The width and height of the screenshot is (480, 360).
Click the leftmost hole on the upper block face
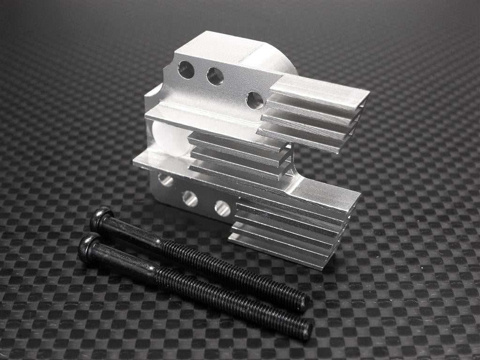coord(186,70)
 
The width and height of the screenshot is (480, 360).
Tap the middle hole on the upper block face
coord(215,76)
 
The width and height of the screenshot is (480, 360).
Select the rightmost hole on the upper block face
coord(255,100)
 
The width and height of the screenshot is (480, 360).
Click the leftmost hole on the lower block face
coord(165,180)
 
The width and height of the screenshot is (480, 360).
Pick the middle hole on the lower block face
coord(190,198)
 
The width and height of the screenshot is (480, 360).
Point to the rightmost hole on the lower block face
coord(222,208)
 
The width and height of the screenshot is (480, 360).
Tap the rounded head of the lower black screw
coord(89,247)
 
